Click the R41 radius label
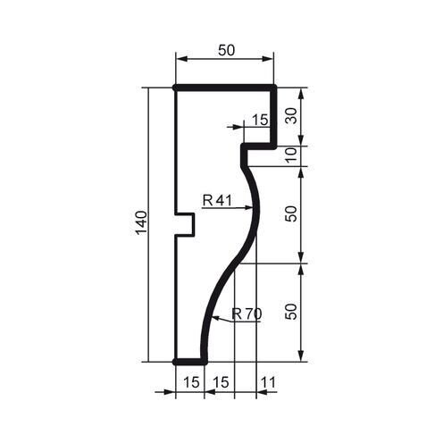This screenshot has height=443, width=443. [x=217, y=201]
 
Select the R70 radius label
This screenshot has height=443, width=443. [x=246, y=313]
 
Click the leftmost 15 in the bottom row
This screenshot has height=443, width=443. [x=189, y=383]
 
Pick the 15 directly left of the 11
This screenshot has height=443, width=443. [x=220, y=383]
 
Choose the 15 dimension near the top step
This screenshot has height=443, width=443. [x=260, y=119]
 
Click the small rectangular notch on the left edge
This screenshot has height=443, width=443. [x=185, y=224]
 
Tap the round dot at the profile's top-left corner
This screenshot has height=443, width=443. [x=175, y=88]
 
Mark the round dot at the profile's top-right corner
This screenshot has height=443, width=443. [x=273, y=88]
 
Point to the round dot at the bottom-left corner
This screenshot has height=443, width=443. [x=175, y=362]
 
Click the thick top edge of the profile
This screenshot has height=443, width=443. [x=223, y=88]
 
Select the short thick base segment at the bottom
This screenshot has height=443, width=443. [x=190, y=362]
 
